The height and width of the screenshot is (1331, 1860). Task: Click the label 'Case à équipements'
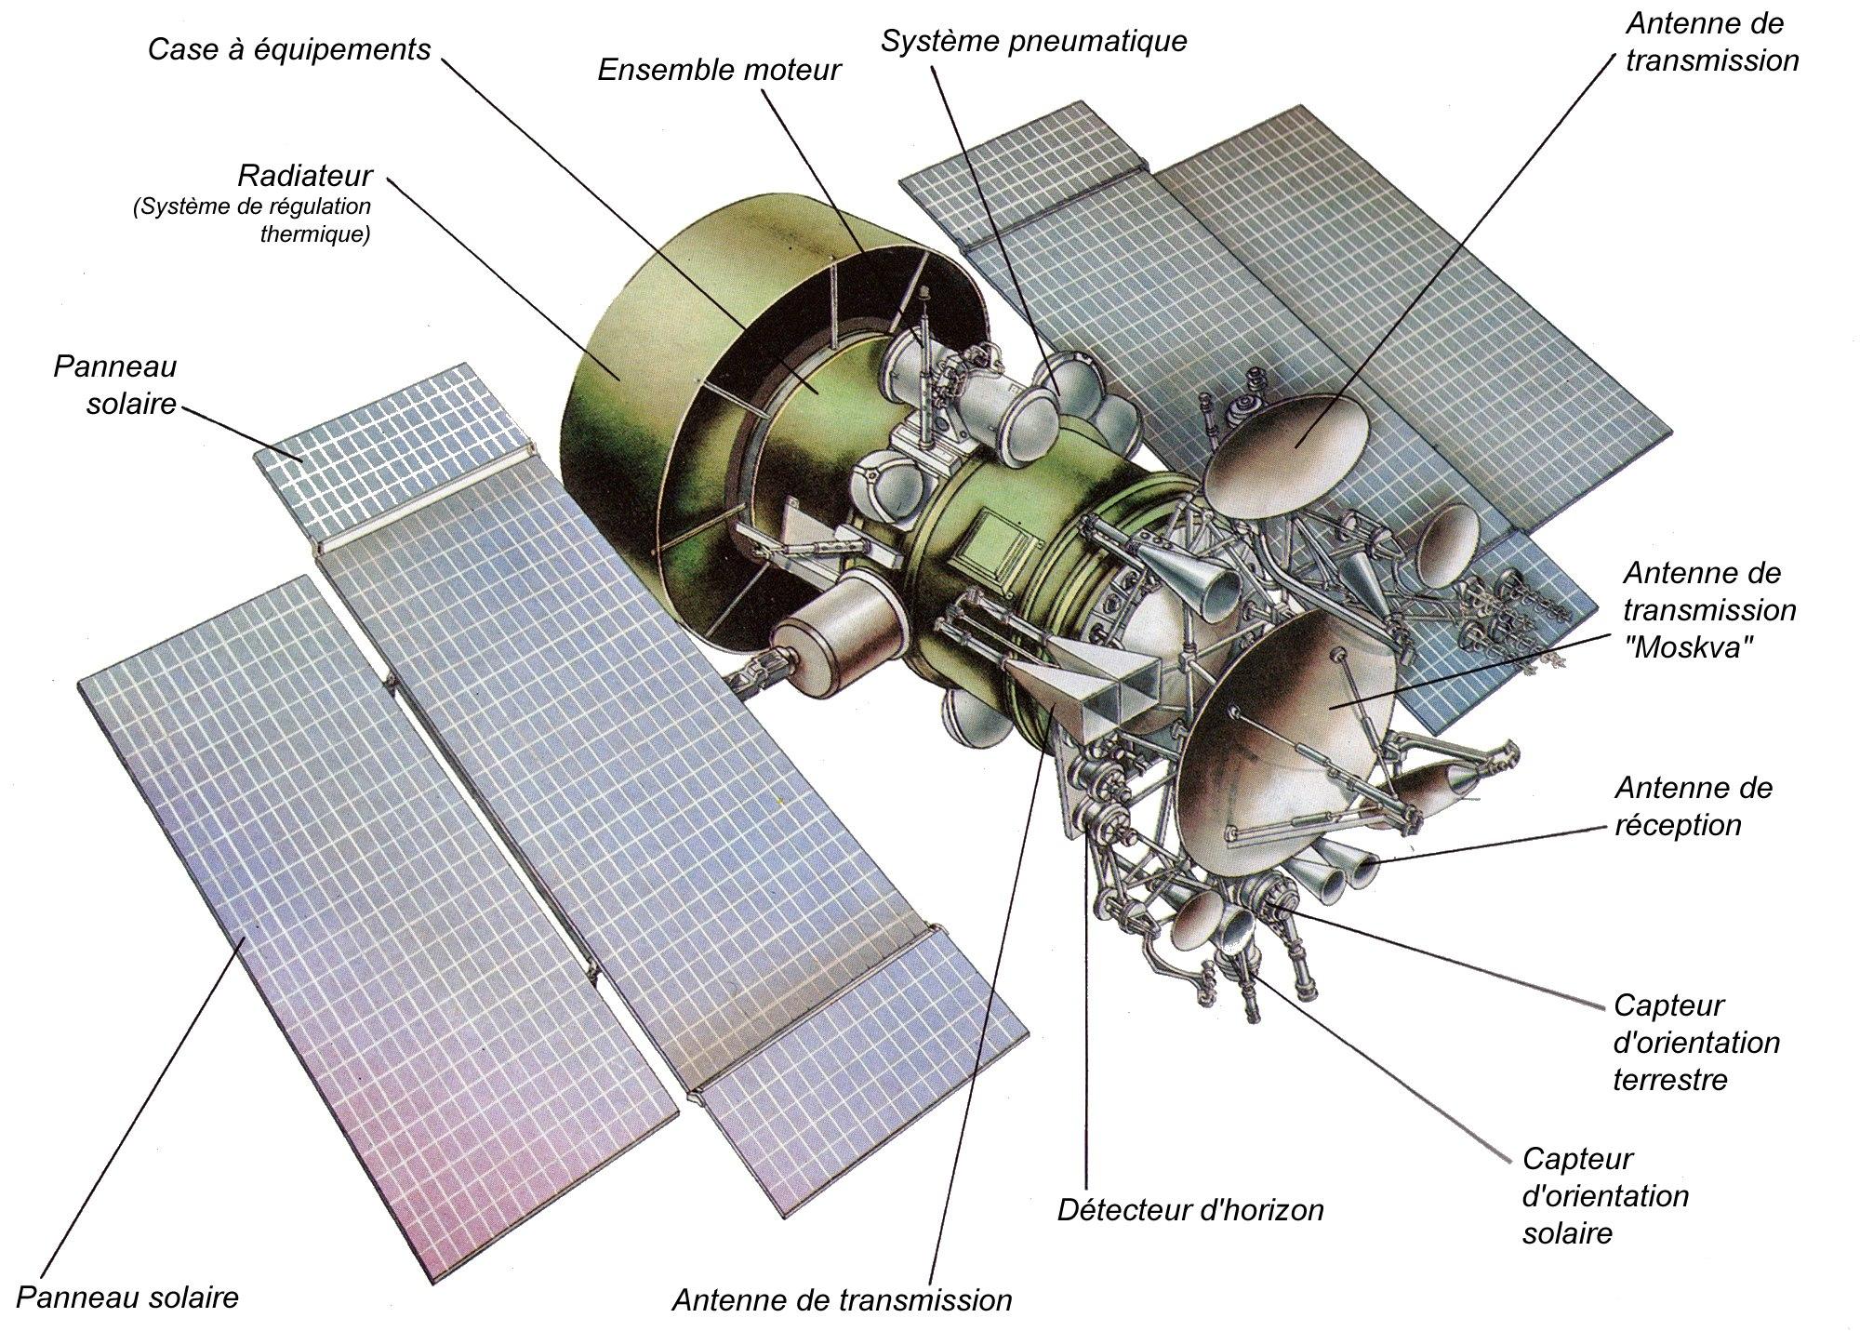pos(289,49)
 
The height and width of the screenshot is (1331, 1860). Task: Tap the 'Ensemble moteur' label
pos(718,70)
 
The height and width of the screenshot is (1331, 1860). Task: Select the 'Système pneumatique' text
pos(1033,41)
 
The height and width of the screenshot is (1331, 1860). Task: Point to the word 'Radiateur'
pos(304,175)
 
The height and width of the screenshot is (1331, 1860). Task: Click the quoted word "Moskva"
pos(1682,647)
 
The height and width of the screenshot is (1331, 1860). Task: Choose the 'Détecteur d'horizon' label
pos(1190,1210)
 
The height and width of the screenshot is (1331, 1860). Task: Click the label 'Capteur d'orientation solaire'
pos(1604,1196)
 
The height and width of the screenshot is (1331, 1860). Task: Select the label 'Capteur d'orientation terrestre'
pos(1695,1042)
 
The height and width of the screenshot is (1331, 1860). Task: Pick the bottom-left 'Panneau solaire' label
pos(127,1297)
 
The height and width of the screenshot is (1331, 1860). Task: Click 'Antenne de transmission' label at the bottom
pos(842,1299)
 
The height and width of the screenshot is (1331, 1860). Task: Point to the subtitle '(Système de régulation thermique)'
pos(251,220)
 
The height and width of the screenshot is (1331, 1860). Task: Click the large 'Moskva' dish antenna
pos(1293,725)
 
